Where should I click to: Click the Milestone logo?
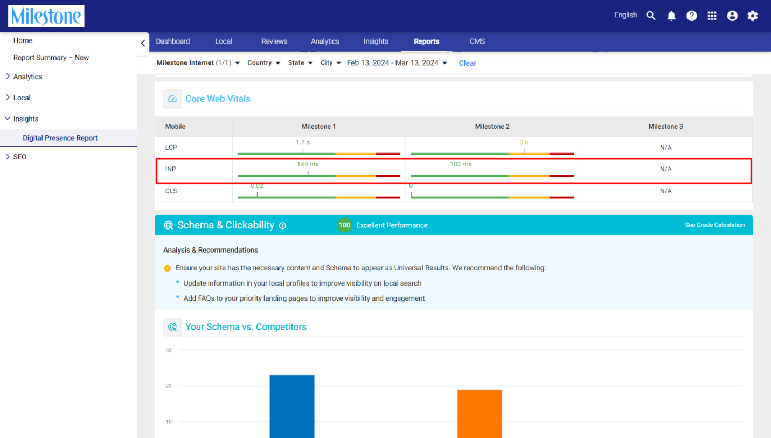46,16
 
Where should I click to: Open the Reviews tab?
274,41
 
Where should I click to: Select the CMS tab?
477,41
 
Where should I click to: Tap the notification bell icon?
671,16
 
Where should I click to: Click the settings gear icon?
753,16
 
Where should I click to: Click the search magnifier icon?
650,16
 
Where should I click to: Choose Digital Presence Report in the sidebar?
60,137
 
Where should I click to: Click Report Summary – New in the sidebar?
51,58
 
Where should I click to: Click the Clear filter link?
468,63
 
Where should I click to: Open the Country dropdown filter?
263,62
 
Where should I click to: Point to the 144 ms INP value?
308,164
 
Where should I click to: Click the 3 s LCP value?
524,142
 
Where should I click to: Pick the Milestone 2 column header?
492,126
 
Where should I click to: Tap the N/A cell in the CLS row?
665,191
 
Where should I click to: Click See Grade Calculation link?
714,225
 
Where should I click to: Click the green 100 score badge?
344,225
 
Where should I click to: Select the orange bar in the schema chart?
480,414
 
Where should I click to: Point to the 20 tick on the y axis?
168,386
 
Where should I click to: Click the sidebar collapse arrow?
143,43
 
